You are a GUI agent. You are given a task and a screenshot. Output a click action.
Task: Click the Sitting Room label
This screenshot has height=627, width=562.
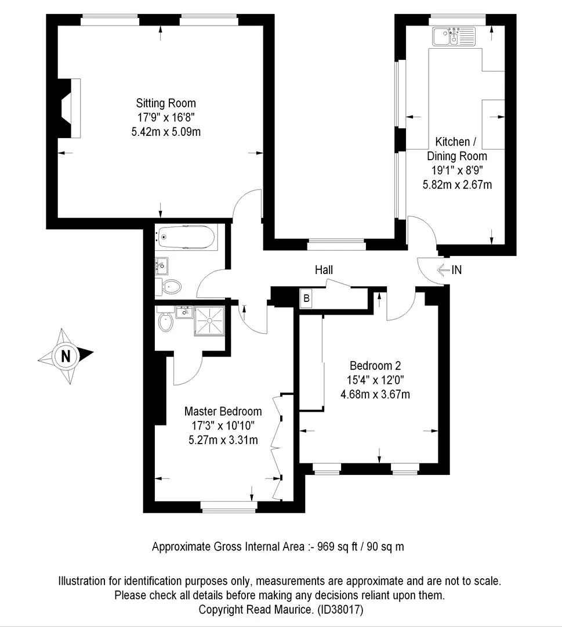pos(166,103)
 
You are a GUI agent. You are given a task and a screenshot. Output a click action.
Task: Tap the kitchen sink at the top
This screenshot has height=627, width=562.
pos(454,36)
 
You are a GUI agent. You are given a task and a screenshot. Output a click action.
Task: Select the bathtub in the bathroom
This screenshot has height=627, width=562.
pos(186,237)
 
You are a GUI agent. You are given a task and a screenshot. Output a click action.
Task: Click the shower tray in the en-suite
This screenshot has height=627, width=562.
pos(209,320)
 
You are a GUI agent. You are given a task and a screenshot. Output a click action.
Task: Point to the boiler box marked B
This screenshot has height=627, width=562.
pos(306,298)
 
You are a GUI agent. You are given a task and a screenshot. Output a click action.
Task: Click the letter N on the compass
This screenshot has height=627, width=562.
pos(66,355)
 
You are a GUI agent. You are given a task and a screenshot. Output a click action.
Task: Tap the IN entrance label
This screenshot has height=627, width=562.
pos(456,270)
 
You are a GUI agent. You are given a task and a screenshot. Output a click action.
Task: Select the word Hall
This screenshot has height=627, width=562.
pos(324,270)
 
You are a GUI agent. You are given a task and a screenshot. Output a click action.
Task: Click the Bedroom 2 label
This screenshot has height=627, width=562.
pos(375,366)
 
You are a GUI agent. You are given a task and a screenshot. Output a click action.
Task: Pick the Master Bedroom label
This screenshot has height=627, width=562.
pos(223,411)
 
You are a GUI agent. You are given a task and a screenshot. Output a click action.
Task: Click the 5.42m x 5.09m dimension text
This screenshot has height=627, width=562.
pos(166,132)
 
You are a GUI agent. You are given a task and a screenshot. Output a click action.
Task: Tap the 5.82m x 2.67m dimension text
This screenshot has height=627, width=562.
pos(457,185)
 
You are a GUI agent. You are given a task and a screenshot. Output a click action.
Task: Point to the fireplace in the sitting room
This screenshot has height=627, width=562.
pos(70,108)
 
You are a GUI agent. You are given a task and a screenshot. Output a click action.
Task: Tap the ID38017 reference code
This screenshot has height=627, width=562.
pos(340,610)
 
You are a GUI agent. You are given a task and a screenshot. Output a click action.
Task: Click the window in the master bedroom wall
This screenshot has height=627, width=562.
pos(228,507)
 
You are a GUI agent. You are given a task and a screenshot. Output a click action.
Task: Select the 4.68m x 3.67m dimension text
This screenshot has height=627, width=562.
pos(375,394)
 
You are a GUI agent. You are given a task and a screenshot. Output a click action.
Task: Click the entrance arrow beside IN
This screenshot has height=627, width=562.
pos(443,270)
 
